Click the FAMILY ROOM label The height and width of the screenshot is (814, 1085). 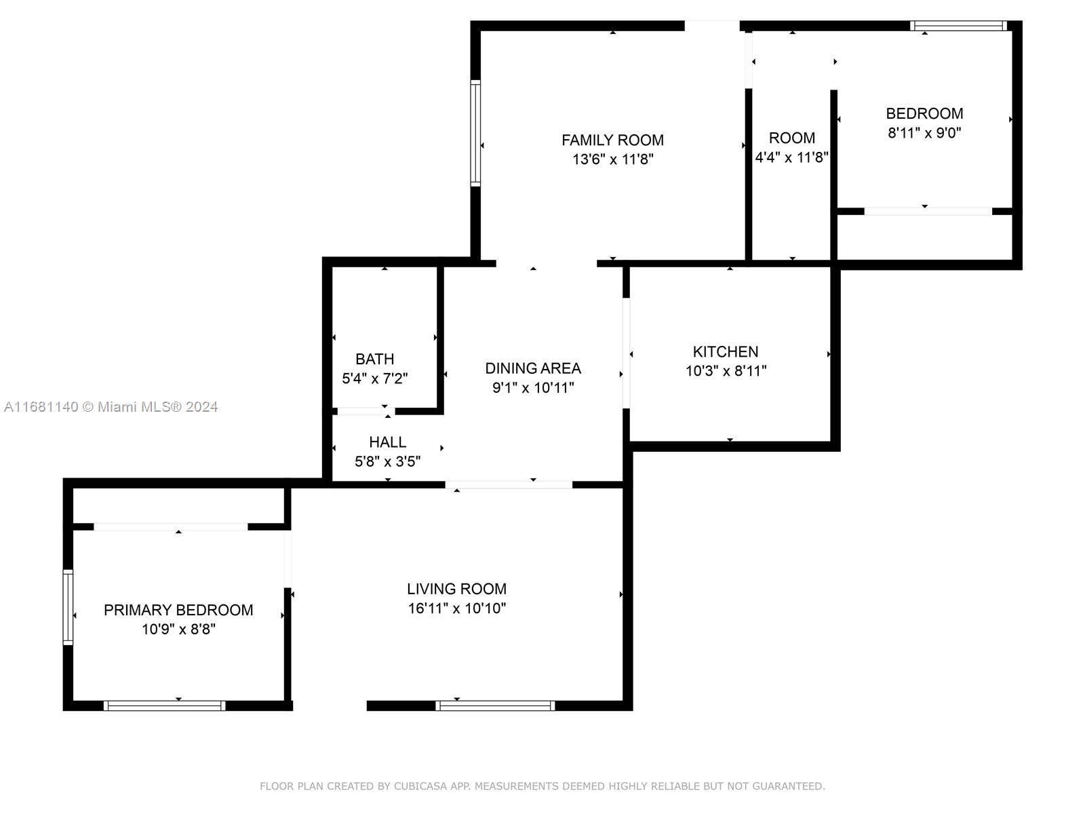coord(612,140)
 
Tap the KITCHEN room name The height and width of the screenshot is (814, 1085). coord(725,352)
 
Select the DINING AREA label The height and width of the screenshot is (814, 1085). coord(533,368)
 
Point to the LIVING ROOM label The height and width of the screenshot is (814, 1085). coord(457,589)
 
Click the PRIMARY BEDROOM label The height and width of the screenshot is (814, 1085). coord(178,610)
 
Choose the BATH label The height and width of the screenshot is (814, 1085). coord(375,359)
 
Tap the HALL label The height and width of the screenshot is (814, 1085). coord(387,442)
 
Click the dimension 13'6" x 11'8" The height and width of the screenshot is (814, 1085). coord(613,159)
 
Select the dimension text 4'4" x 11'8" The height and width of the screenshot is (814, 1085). coord(791,157)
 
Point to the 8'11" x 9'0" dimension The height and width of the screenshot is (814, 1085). coord(924,133)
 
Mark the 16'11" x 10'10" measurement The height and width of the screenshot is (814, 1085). coord(457,608)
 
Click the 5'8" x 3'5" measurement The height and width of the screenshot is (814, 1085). coord(387,462)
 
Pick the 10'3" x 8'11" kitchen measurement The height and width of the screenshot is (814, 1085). coord(726,370)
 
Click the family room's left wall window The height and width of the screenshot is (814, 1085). coord(475,134)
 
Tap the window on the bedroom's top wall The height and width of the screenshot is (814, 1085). coord(958,26)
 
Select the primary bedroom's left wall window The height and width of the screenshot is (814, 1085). coord(68,607)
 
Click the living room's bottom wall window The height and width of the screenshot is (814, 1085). coord(495,705)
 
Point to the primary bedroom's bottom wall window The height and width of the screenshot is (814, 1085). coord(165,705)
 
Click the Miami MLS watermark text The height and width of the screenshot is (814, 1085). coord(111,407)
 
